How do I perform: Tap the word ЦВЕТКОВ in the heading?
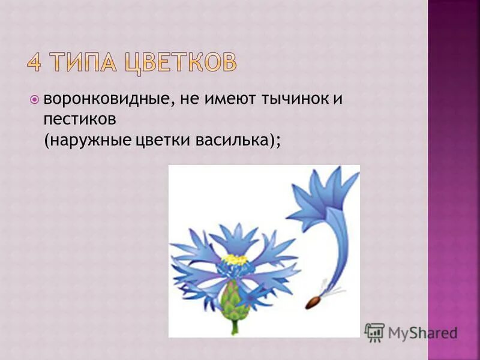(x=180, y=63)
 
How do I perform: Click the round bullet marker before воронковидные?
(x=34, y=99)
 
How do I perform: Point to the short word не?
(x=187, y=100)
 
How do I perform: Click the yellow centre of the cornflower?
(x=235, y=260)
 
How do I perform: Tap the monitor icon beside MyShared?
(x=374, y=332)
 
